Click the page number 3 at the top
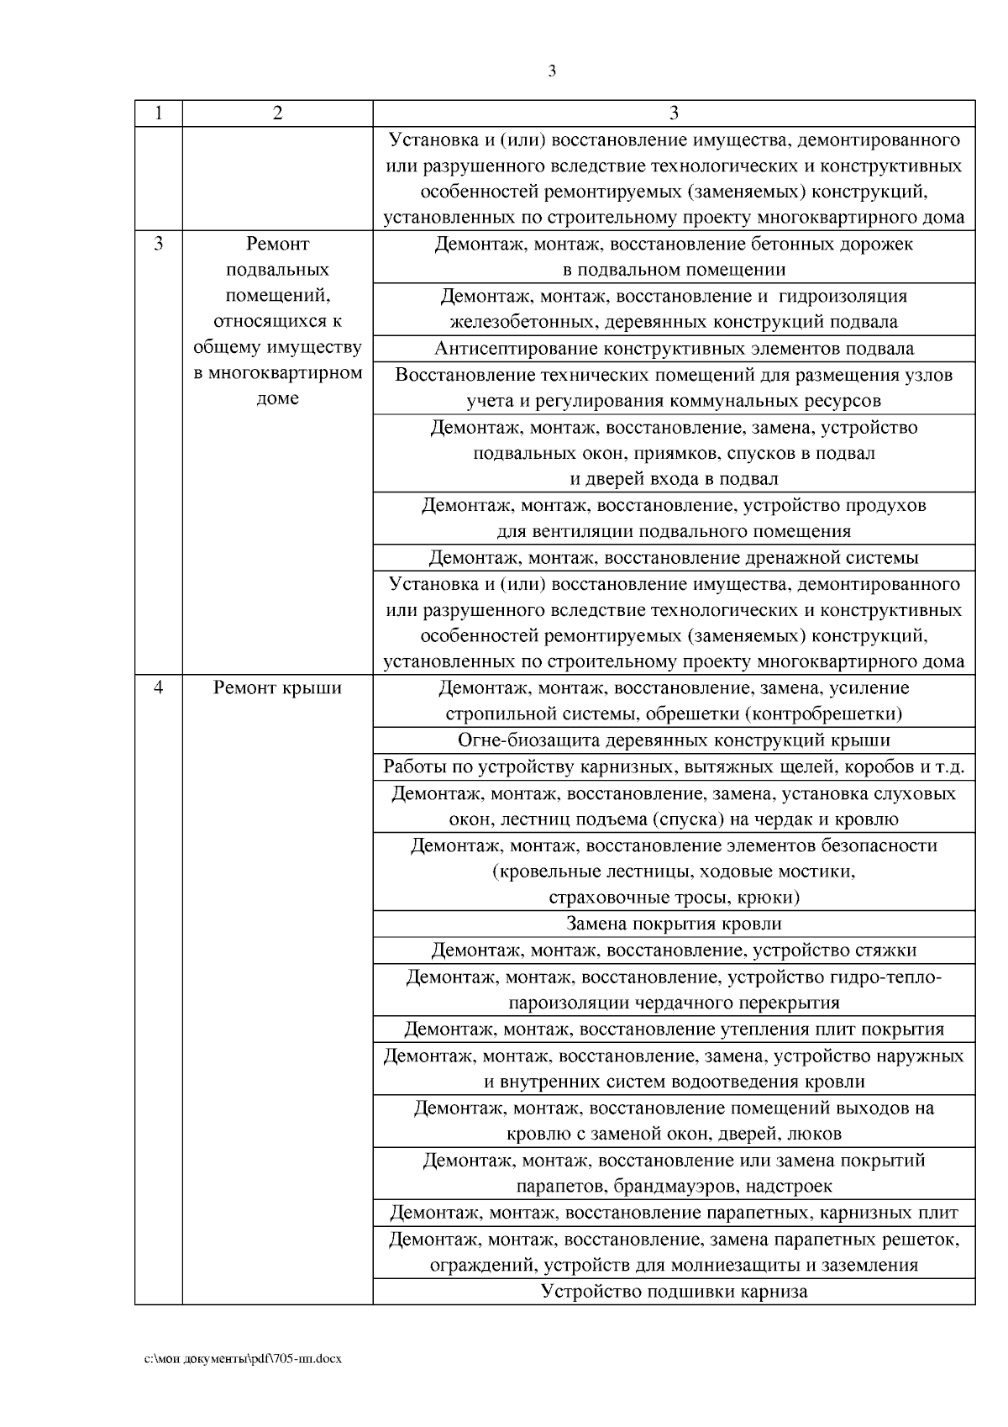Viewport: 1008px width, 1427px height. pos(552,71)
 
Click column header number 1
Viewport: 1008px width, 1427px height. pos(158,113)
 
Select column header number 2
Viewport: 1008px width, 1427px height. pos(277,113)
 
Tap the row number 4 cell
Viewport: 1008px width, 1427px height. pos(158,687)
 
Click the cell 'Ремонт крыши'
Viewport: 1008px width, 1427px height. pos(277,687)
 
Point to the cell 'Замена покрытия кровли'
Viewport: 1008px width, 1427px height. pos(674,924)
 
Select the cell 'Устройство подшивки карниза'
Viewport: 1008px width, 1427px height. pos(674,1292)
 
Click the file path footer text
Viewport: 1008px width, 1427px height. pos(244,1358)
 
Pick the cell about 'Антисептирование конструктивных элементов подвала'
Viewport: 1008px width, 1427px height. pos(674,349)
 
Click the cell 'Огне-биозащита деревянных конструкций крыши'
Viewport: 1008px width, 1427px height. pos(674,740)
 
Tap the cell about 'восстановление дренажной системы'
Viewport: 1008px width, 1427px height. pos(674,558)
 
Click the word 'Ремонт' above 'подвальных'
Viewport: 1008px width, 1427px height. pos(277,245)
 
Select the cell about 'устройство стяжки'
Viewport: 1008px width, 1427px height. pos(674,950)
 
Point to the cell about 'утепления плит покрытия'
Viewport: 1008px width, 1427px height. pos(674,1029)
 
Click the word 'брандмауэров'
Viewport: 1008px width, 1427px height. pos(666,1187)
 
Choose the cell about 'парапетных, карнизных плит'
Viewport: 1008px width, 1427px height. pos(674,1213)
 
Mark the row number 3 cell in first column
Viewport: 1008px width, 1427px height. pos(158,245)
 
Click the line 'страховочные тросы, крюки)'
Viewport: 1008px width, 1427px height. pos(674,898)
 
